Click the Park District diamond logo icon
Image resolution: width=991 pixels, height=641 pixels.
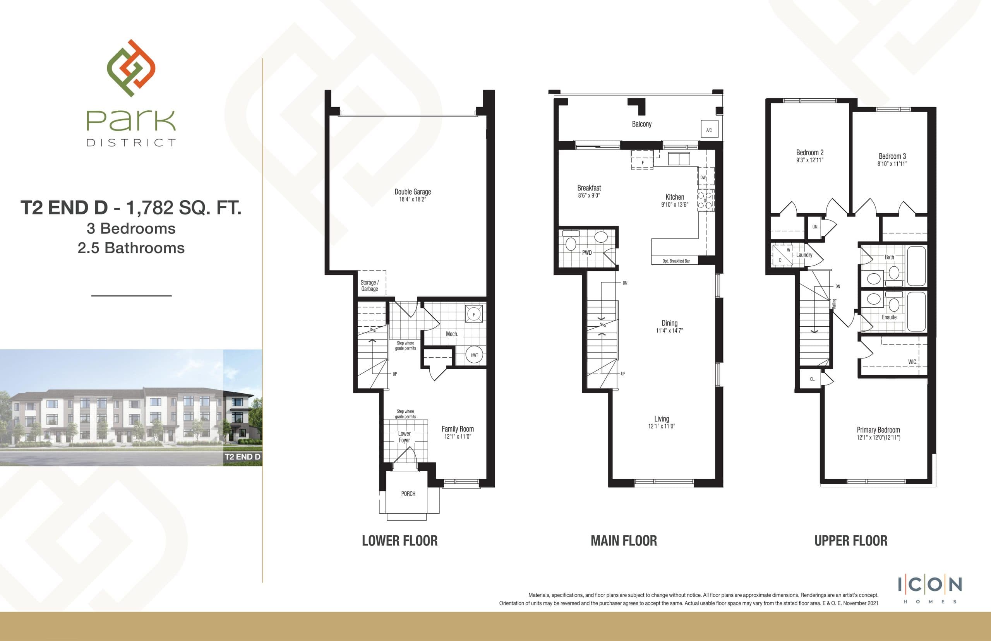[x=131, y=68]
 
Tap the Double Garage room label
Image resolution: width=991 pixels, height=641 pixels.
[x=413, y=192]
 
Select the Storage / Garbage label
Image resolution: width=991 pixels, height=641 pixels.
[x=369, y=286]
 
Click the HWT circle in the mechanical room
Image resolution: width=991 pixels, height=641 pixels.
[x=474, y=355]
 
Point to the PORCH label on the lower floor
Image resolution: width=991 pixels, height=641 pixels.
[x=408, y=494]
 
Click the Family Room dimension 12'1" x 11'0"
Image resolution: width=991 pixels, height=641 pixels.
[x=458, y=437]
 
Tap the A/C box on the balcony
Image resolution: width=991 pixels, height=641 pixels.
[x=709, y=130]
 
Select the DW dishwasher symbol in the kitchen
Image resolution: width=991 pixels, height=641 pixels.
[x=703, y=177]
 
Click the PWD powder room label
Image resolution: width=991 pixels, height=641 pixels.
[x=587, y=253]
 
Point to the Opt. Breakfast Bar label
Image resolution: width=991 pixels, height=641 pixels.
[x=676, y=261]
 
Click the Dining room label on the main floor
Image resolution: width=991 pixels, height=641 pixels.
[x=669, y=323]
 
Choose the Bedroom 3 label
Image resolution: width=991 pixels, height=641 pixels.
[x=892, y=156]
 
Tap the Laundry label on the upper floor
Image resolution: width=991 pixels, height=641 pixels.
[x=804, y=255]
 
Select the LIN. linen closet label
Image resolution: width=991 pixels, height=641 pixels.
[x=815, y=227]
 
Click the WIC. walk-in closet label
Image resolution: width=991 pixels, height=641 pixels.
[x=912, y=362]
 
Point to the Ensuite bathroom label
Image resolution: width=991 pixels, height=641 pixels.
[x=889, y=317]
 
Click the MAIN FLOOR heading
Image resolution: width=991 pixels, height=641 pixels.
[x=624, y=541]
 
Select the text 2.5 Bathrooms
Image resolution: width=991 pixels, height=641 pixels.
[x=131, y=248]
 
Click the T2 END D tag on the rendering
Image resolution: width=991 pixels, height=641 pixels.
[x=242, y=457]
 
